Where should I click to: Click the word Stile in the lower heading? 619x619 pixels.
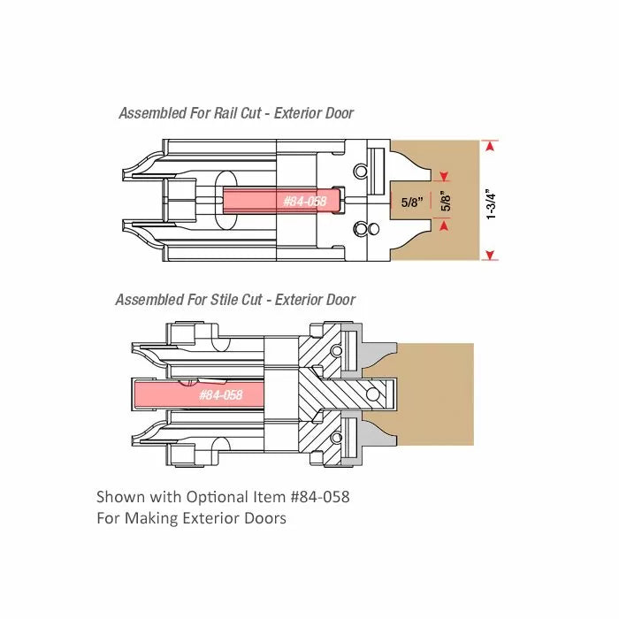click(224, 300)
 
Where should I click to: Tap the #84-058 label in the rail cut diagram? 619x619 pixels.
click(305, 202)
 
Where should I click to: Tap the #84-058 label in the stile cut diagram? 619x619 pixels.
click(221, 394)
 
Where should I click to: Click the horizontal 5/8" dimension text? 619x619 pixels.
click(412, 203)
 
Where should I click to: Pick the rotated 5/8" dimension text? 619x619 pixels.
click(446, 201)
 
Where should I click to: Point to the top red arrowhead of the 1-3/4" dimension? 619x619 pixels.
click(490, 147)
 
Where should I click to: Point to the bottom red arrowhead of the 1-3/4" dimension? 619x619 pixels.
click(490, 255)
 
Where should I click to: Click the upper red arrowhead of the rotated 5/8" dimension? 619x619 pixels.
click(445, 176)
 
